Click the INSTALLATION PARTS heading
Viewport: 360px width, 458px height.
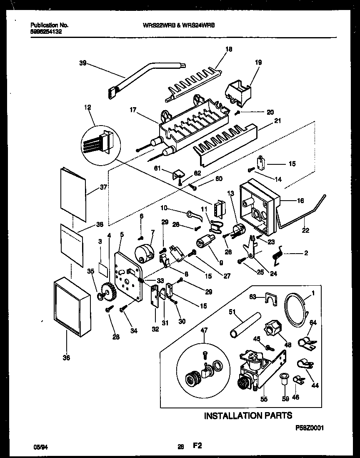point(247,415)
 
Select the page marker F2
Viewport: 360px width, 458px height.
point(197,445)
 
